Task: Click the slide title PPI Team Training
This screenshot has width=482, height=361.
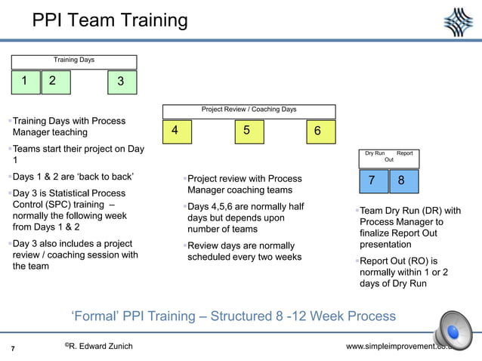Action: coord(110,20)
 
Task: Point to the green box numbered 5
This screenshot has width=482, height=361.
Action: coord(246,131)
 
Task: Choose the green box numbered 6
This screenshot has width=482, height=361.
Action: coord(317,131)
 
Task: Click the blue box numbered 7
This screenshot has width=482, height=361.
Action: coord(371,180)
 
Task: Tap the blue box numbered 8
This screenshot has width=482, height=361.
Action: coord(401,180)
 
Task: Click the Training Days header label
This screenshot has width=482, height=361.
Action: coord(73,60)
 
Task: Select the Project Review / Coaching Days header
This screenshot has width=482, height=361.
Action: coord(249,110)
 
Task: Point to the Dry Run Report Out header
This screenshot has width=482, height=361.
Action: coord(389,156)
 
